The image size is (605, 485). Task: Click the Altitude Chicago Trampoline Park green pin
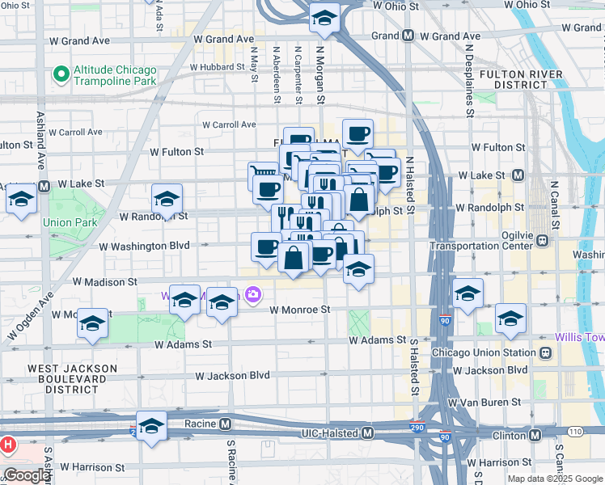(60, 75)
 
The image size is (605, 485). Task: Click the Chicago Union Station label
(484, 353)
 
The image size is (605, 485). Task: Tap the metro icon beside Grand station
(408, 36)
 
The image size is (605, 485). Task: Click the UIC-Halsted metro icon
(368, 433)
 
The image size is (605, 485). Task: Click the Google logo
(27, 475)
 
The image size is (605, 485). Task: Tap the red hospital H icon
(8, 445)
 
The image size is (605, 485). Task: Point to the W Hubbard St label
(217, 67)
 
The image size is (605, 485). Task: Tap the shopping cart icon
(262, 172)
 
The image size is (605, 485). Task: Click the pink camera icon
(253, 295)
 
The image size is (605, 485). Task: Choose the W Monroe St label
(300, 310)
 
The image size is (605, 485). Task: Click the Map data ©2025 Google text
(554, 479)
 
